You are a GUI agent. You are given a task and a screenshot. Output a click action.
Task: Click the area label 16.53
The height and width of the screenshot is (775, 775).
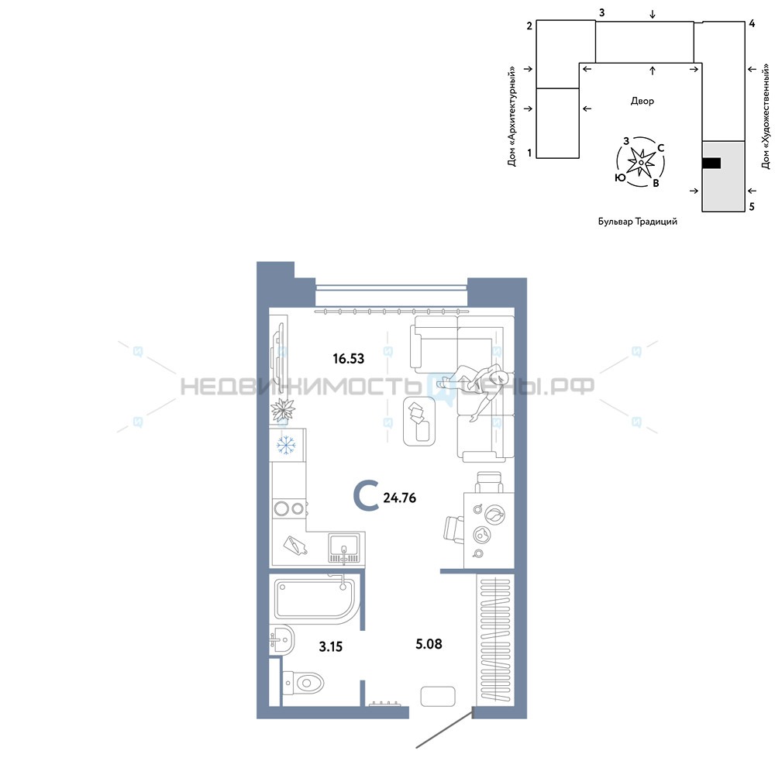[x=349, y=358]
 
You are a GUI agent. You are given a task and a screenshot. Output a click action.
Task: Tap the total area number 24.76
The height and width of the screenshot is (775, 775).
[x=399, y=498]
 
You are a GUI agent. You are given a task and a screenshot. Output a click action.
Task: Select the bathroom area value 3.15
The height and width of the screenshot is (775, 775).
[x=331, y=646]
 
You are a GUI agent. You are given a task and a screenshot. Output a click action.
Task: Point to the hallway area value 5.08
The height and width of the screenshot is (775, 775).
[x=429, y=644]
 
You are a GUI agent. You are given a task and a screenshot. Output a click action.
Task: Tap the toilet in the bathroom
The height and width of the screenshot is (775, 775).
[x=302, y=683]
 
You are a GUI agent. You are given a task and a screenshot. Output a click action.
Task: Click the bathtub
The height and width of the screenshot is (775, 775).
[x=315, y=598]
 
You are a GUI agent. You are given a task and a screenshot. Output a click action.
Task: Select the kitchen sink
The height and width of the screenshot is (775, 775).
[x=344, y=548]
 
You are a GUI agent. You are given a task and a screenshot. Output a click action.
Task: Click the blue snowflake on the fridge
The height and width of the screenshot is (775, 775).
[x=286, y=445]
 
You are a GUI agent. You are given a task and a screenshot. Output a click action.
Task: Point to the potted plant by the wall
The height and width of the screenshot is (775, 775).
[x=283, y=410]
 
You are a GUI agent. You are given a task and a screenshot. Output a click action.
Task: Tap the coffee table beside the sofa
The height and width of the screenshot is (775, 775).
[x=419, y=421]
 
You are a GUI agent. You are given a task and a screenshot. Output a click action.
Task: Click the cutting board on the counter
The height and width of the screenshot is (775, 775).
[x=295, y=546]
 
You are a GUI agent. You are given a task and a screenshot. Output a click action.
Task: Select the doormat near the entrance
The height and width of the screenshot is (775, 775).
[x=438, y=697]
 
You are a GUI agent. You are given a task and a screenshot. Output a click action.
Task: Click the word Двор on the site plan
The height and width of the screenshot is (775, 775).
[x=642, y=102]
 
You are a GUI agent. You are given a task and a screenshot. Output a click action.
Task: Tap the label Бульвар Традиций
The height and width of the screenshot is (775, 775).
[x=638, y=222]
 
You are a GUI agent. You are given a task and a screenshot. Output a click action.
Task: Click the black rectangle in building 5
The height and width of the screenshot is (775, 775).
[x=711, y=163]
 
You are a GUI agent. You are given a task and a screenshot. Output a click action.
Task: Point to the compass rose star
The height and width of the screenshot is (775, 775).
[x=641, y=162]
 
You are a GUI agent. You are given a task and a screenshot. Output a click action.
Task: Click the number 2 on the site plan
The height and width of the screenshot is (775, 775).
[x=529, y=26]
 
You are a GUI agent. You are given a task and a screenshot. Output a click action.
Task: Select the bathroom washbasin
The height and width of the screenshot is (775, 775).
[x=282, y=641]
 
